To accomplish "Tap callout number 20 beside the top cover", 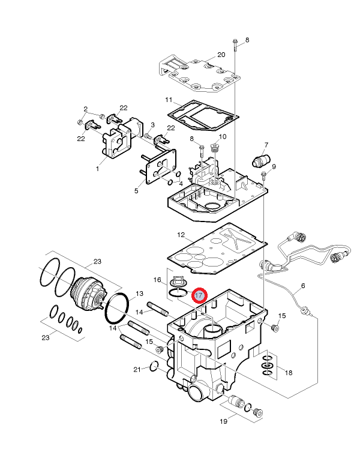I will (221, 55).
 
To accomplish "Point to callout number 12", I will (181, 234).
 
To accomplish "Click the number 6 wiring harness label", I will (302, 286).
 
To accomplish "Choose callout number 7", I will (266, 145).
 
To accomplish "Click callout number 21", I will (137, 369).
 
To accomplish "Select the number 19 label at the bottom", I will (223, 422).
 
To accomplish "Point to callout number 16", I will (157, 280).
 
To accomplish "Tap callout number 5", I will (136, 191).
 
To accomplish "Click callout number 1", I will (97, 169).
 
